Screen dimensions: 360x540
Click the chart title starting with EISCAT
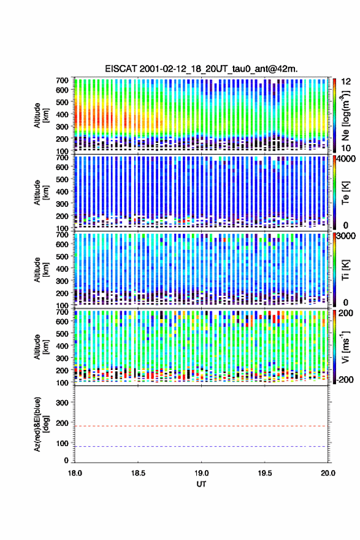[201, 69]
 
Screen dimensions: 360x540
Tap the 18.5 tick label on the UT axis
[138, 473]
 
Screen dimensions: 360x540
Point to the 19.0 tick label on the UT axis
[201, 473]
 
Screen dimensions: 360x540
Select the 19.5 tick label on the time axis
[265, 473]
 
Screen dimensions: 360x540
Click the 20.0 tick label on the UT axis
[327, 473]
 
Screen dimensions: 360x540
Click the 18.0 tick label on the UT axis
[75, 473]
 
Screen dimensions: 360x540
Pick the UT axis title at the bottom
[201, 484]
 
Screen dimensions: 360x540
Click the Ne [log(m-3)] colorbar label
[345, 115]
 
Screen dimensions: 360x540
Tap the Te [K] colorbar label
[345, 193]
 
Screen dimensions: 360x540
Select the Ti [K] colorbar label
[345, 270]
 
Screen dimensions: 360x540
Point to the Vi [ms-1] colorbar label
[345, 347]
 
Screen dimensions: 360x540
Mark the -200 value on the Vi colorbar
[345, 379]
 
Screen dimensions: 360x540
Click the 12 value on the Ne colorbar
[346, 82]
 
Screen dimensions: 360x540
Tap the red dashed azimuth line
[201, 426]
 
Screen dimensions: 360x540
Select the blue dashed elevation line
[201, 446]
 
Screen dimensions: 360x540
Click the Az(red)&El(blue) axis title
[40, 424]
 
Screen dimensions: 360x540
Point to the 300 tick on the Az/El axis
[62, 403]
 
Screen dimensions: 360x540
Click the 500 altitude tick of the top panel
[62, 102]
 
